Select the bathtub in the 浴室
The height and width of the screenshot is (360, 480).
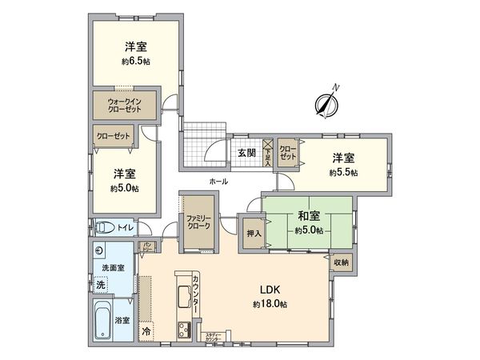tap(102, 319)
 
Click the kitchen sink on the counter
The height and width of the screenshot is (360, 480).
tap(182, 297)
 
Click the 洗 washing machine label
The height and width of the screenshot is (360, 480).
tap(101, 283)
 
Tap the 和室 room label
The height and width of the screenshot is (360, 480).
tap(308, 214)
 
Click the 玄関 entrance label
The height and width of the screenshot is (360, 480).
tap(246, 153)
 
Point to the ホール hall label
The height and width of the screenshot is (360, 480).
tap(217, 182)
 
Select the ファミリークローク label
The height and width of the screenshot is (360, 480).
tap(197, 222)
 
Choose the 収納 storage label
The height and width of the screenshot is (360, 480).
tap(341, 262)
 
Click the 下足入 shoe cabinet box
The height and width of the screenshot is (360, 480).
tap(268, 153)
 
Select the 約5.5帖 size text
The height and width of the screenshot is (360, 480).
tap(343, 172)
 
